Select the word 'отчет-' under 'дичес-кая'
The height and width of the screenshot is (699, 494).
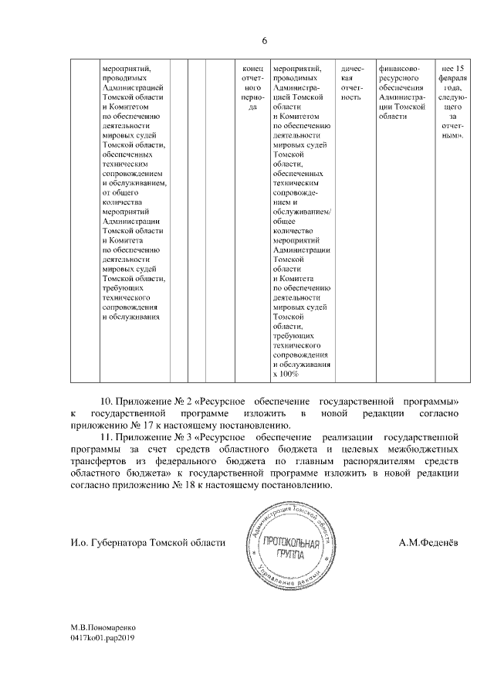(351, 88)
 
